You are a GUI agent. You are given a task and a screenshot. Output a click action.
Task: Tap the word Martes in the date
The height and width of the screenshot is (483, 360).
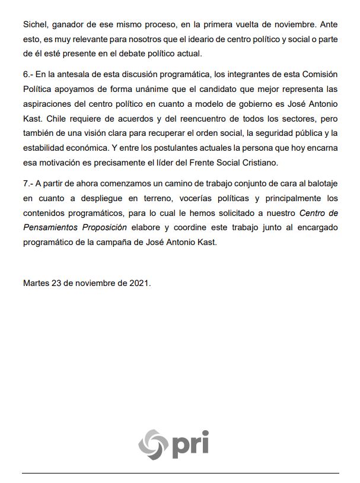[38, 283]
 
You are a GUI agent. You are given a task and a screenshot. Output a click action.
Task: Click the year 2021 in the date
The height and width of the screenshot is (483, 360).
[140, 283]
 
